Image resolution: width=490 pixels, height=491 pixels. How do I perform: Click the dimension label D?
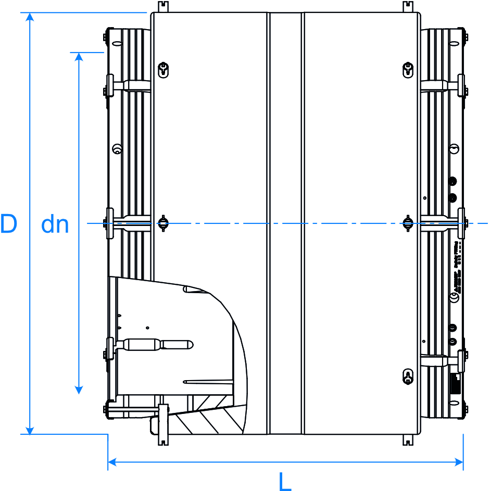(x=9, y=224)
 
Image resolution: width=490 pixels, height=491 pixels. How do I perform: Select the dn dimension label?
(x=55, y=225)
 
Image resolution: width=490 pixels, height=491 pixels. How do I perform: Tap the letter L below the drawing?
(x=285, y=482)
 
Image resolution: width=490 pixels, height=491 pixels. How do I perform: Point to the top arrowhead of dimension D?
(x=30, y=17)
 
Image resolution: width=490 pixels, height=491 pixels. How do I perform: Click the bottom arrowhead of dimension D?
(x=30, y=430)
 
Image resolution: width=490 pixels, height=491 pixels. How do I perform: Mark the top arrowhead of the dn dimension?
(x=79, y=57)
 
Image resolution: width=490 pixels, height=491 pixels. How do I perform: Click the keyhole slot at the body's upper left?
(x=164, y=69)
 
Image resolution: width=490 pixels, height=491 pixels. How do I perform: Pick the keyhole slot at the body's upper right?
(x=408, y=69)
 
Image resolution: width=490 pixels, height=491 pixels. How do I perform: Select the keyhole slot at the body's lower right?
(x=408, y=376)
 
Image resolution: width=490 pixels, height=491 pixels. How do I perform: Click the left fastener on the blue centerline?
(x=164, y=223)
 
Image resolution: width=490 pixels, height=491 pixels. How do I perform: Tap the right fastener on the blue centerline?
(x=408, y=223)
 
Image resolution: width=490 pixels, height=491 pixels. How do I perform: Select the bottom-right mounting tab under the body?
(x=408, y=440)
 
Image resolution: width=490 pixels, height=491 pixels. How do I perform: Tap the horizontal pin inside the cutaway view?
(x=156, y=344)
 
